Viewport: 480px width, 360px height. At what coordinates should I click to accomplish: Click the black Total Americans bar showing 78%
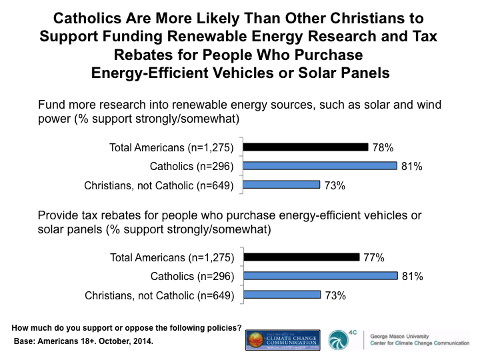(x=306, y=147)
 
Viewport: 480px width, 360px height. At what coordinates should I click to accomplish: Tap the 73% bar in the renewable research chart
(x=283, y=185)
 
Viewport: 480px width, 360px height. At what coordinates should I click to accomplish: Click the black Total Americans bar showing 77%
(x=303, y=257)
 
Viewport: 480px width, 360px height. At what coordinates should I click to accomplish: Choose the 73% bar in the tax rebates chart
(x=283, y=295)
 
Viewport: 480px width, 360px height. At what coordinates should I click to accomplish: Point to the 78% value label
(x=383, y=147)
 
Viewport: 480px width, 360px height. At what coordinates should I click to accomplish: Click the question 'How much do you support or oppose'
(x=127, y=327)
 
